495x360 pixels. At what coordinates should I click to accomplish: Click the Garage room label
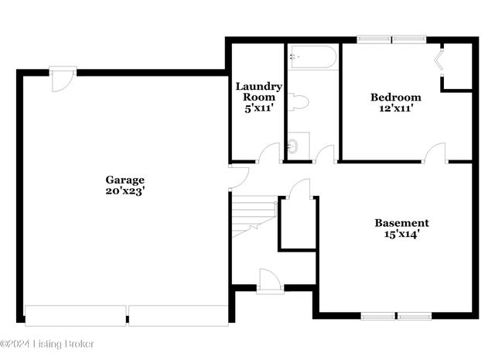(125, 180)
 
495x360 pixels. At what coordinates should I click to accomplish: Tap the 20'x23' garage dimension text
(125, 190)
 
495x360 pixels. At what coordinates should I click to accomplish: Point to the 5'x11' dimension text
(258, 109)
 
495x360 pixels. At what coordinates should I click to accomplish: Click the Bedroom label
(395, 98)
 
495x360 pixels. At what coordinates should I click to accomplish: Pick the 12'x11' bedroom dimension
(395, 109)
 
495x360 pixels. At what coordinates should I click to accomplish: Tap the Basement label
(401, 221)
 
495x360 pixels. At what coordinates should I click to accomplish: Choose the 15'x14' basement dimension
(401, 232)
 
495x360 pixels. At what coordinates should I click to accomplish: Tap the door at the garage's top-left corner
(63, 81)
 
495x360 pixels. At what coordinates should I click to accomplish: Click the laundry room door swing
(270, 153)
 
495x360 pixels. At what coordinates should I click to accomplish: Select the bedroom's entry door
(435, 153)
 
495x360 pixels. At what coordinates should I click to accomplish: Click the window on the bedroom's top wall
(391, 39)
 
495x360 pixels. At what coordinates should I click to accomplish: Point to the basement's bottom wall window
(396, 315)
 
